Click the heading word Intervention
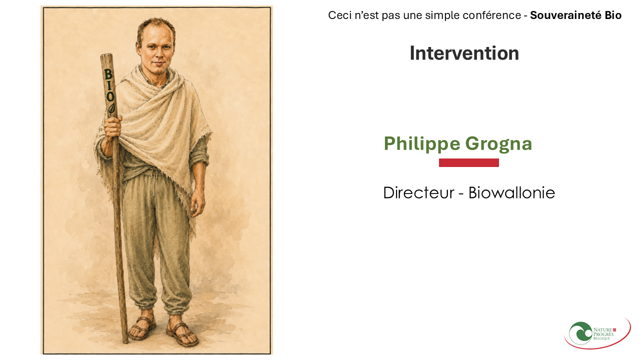(x=464, y=53)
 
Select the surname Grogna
(x=498, y=143)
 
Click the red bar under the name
(x=469, y=162)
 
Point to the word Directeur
(x=418, y=192)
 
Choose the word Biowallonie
(x=511, y=192)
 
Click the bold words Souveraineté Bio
(x=575, y=15)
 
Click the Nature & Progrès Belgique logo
(x=597, y=333)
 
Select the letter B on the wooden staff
(x=108, y=74)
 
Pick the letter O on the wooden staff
(x=110, y=96)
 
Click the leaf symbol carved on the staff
(x=111, y=109)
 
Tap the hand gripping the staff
(x=112, y=128)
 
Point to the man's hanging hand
(x=197, y=203)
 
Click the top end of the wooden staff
(x=106, y=54)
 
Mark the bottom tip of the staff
(x=125, y=342)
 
